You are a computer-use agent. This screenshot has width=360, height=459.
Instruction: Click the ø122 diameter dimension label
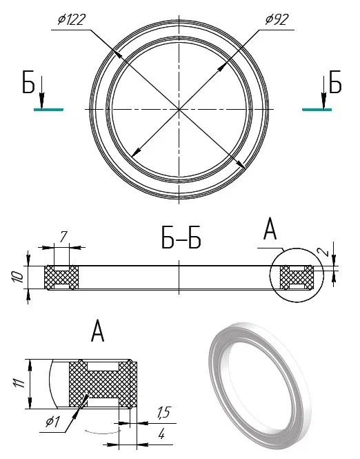click(72, 20)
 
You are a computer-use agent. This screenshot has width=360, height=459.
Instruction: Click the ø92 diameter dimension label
click(277, 19)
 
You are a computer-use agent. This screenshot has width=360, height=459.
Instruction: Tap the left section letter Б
click(28, 82)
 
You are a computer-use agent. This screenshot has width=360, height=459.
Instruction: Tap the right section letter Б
click(335, 82)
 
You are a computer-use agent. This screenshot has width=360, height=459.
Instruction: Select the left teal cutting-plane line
click(48, 110)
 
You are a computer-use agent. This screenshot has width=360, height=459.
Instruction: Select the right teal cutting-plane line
click(317, 110)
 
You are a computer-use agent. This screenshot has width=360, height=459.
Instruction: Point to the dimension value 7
click(63, 237)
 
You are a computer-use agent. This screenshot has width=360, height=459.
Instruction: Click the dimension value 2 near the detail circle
click(323, 251)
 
